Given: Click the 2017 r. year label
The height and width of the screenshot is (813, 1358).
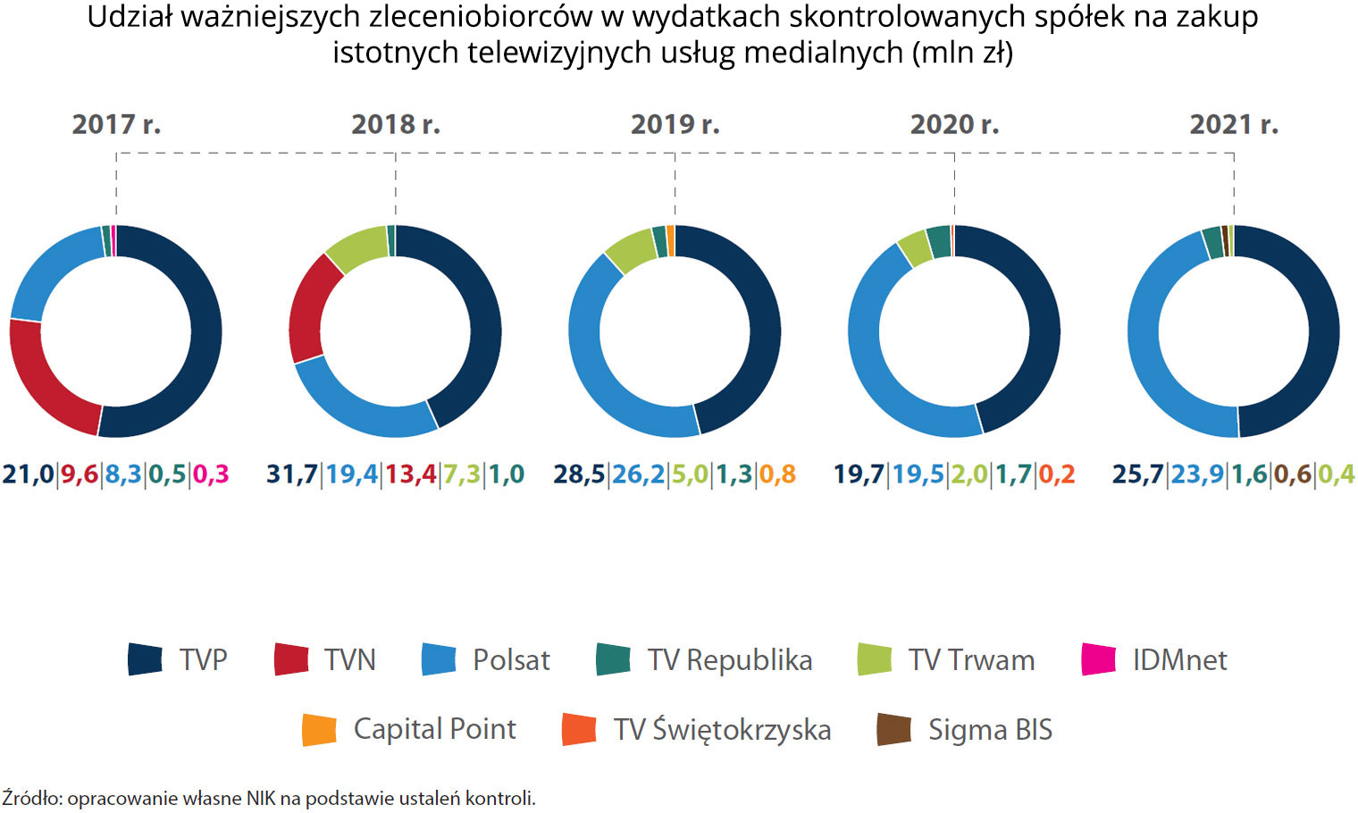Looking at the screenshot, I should [116, 124].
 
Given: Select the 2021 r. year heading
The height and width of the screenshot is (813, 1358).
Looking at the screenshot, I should [1233, 124].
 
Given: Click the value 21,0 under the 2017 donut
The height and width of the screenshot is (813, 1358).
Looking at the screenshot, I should [28, 474].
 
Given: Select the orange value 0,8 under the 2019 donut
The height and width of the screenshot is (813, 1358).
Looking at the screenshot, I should [777, 474].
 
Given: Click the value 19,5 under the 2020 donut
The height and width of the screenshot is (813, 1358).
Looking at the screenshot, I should [918, 474].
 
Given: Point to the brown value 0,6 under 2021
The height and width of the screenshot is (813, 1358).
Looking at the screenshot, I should [1293, 474].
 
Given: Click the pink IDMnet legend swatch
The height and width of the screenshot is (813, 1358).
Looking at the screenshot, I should [1098, 659].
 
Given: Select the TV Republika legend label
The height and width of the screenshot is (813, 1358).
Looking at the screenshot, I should [729, 659].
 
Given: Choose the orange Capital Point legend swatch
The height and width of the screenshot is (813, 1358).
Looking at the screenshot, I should [319, 729].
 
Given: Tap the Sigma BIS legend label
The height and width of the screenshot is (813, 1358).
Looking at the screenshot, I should [990, 729].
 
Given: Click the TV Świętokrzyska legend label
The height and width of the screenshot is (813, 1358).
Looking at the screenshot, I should [722, 729].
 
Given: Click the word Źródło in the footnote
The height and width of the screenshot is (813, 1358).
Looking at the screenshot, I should [30, 798].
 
